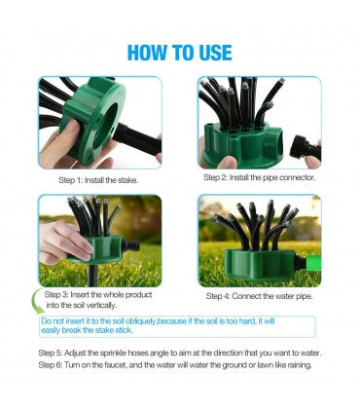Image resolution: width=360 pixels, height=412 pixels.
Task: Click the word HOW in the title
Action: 147,53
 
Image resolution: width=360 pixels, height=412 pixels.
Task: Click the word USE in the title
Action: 215,53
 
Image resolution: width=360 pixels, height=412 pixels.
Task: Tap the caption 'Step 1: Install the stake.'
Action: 98,180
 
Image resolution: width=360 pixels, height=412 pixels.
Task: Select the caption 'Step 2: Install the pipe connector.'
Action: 260,177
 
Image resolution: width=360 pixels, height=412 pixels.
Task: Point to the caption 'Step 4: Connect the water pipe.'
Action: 260,296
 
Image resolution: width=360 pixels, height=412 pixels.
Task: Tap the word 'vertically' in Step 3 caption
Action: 100,305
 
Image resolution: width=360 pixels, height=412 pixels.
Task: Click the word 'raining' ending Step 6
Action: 300,365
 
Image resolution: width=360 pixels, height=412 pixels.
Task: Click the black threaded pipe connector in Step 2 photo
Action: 306,149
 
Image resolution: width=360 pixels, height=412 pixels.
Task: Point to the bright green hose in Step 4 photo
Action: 313,263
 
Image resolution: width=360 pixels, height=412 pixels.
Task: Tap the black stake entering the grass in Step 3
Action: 92,276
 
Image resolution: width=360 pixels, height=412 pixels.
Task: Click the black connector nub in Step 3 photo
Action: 130,245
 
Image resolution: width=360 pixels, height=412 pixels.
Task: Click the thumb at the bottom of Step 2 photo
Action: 228,162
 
